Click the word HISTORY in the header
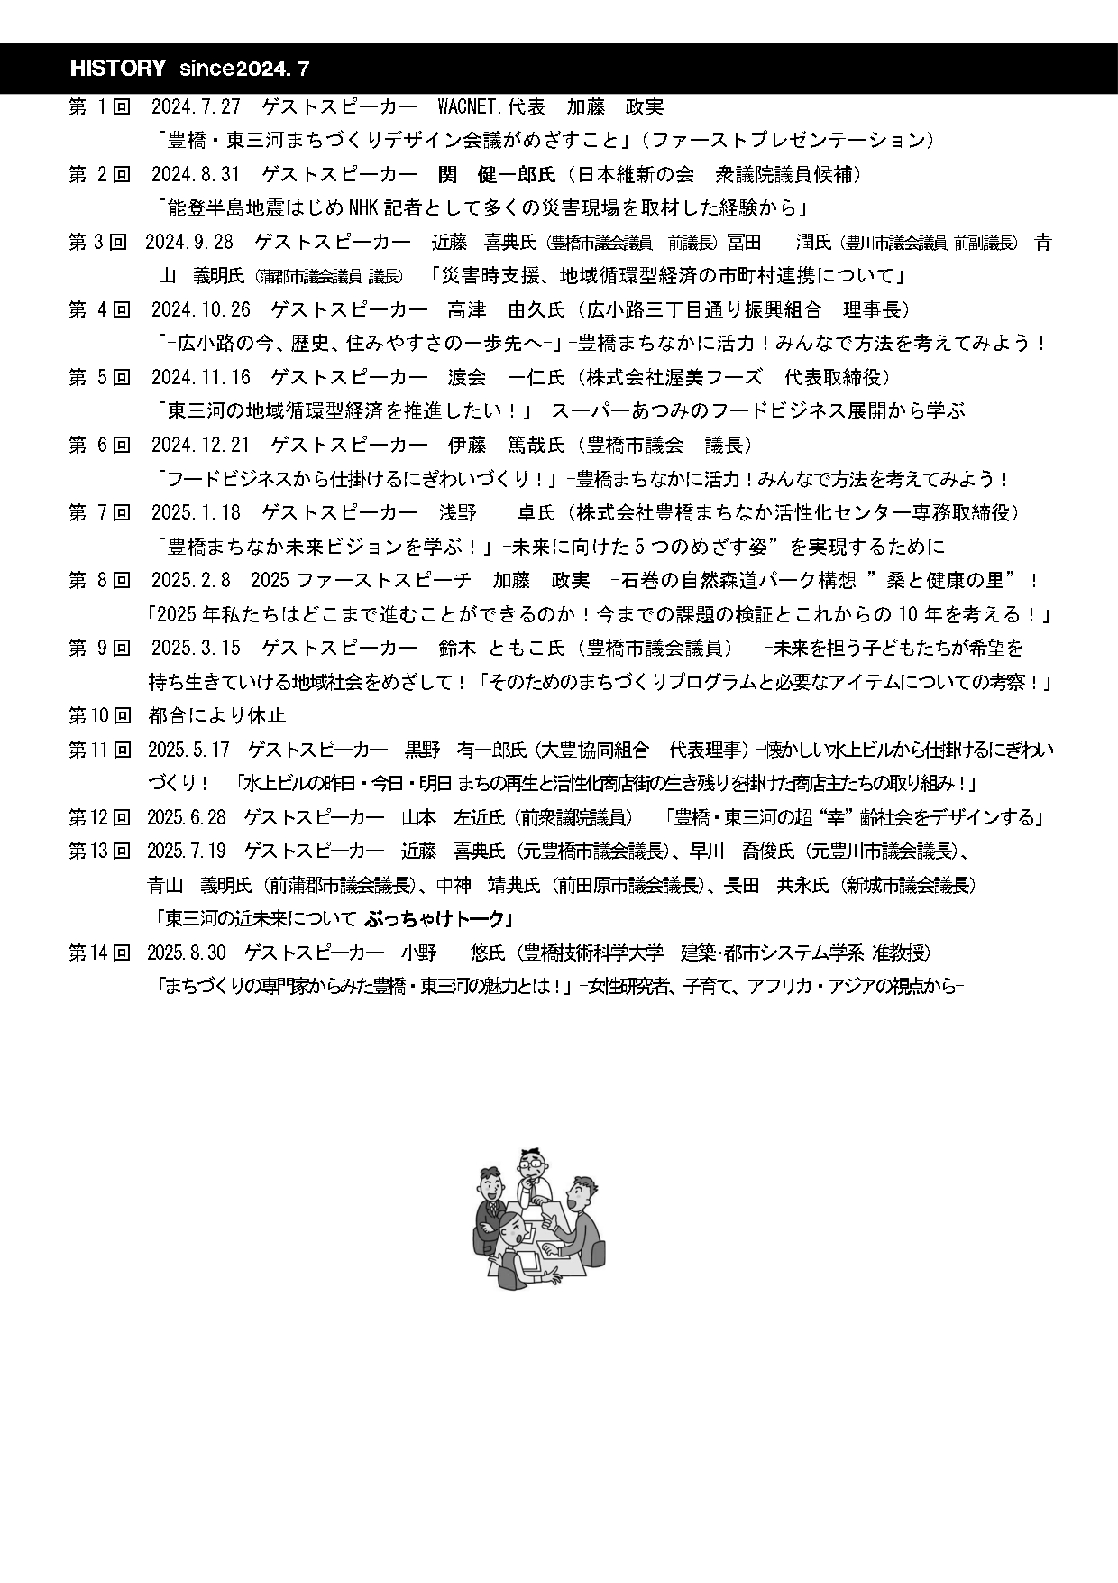[x=118, y=69]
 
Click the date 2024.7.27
[x=196, y=107]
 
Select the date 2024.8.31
[x=196, y=175]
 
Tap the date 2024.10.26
[x=200, y=310]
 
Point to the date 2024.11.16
[x=200, y=378]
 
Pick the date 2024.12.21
[x=200, y=446]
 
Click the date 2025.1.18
[x=196, y=513]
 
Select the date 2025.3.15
[x=196, y=649]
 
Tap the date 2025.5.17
[x=188, y=750]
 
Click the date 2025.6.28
[x=187, y=818]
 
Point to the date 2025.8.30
[x=187, y=953]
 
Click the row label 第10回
[x=99, y=716]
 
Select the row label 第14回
[x=99, y=953]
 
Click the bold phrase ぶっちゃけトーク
[x=435, y=919]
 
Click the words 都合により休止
[x=216, y=716]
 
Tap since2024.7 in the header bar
[x=244, y=69]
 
